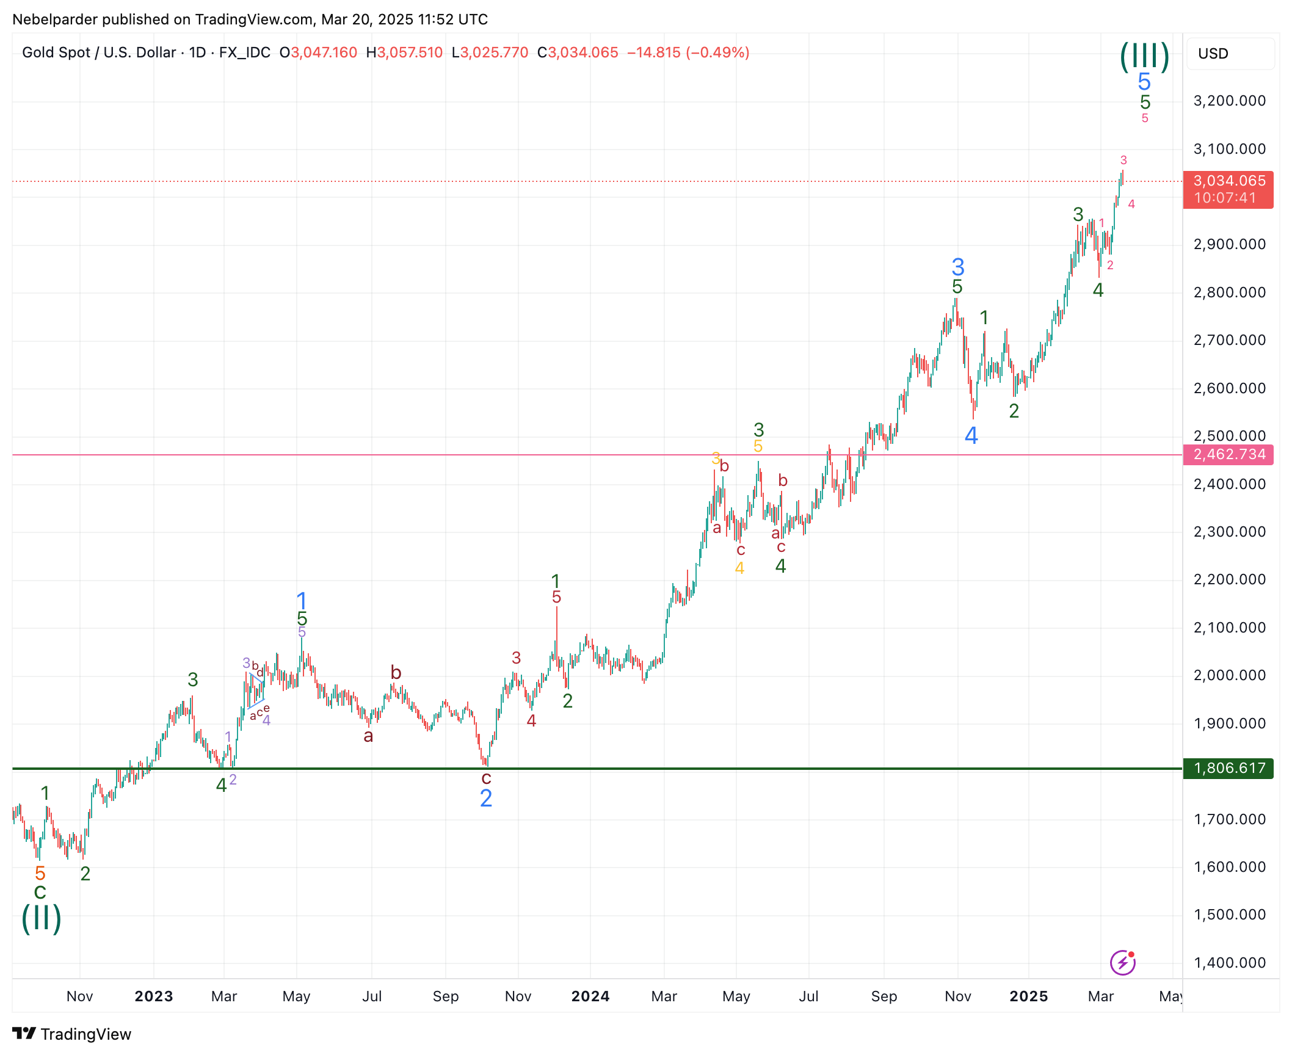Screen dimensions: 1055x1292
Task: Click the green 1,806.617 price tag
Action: click(1228, 768)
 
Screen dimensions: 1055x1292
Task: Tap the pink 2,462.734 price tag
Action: click(1228, 454)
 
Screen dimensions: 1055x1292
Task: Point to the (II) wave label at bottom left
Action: click(42, 918)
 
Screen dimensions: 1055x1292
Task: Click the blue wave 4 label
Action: click(971, 436)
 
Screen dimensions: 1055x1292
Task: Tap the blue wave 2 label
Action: click(486, 799)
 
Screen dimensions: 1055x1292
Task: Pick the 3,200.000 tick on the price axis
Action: click(1229, 101)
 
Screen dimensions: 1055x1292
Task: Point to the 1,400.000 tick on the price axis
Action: click(1229, 963)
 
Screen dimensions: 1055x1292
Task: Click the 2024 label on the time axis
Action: click(590, 996)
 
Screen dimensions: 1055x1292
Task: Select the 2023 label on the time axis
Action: click(154, 996)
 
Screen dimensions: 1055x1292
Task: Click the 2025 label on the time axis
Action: click(1029, 996)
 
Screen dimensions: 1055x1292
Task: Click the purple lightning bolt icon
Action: click(1122, 963)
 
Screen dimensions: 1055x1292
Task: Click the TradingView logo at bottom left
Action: click(72, 1034)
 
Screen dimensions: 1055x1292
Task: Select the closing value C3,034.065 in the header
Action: click(578, 53)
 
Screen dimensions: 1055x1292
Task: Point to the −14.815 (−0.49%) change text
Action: click(688, 53)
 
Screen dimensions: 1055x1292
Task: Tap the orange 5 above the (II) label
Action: click(40, 873)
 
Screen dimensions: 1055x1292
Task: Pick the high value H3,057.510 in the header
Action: click(404, 53)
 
